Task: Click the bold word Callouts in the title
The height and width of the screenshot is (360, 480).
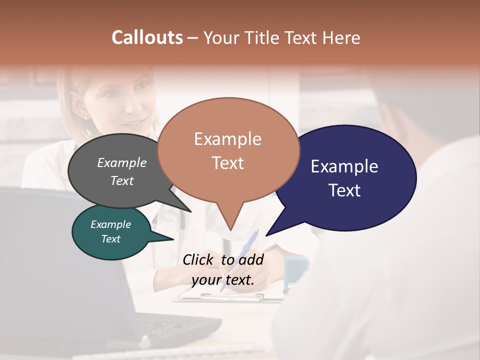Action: coord(147,37)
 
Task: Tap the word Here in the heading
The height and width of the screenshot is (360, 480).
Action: coord(341,38)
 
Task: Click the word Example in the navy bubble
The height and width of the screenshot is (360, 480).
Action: coord(344,166)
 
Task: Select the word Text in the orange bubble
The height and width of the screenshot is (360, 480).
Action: coord(228,163)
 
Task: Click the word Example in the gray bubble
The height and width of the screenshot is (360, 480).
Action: coord(122,162)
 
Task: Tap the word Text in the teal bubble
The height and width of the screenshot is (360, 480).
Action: coord(111,239)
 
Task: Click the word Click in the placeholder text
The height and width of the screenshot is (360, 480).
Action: coord(199,259)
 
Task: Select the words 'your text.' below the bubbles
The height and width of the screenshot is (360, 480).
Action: coord(223,280)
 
